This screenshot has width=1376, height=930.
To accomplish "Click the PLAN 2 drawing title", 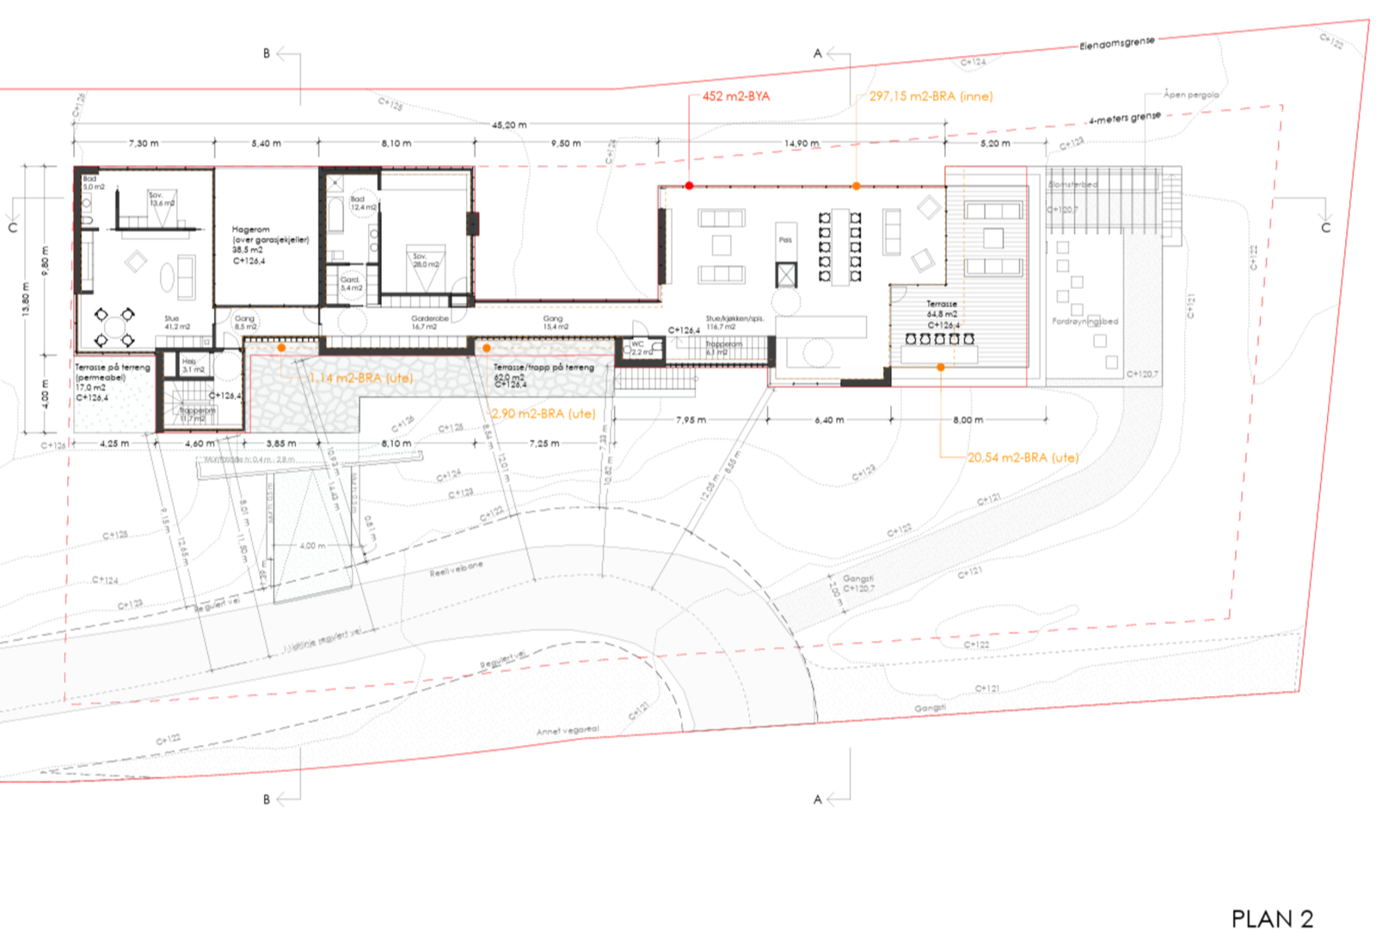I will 1272,919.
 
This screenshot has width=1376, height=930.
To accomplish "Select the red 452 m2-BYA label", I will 736,96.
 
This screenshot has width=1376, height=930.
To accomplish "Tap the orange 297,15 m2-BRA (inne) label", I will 931,96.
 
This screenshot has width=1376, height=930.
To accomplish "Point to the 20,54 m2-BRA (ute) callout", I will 1023,458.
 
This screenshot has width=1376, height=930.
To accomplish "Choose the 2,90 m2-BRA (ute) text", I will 544,414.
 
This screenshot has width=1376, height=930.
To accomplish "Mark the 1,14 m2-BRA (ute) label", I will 361,378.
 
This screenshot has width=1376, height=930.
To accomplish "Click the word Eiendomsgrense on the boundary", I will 1117,43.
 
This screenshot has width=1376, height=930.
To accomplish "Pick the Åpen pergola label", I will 1191,95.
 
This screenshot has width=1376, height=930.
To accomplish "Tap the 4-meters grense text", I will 1124,118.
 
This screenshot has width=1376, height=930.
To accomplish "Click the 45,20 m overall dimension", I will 509,125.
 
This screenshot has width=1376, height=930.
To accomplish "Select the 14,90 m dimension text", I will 802,144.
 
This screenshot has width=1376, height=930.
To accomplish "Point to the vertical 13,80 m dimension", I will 26,299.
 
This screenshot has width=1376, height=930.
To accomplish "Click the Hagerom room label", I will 250,230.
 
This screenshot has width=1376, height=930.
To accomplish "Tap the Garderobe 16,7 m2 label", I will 430,323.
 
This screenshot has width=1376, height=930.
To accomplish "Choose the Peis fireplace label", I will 785,240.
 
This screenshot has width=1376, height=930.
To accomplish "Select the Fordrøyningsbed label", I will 1085,322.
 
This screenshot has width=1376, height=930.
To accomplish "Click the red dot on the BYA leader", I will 689,186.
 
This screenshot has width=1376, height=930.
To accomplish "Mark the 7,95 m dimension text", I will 691,420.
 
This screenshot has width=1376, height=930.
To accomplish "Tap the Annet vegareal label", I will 568,730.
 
